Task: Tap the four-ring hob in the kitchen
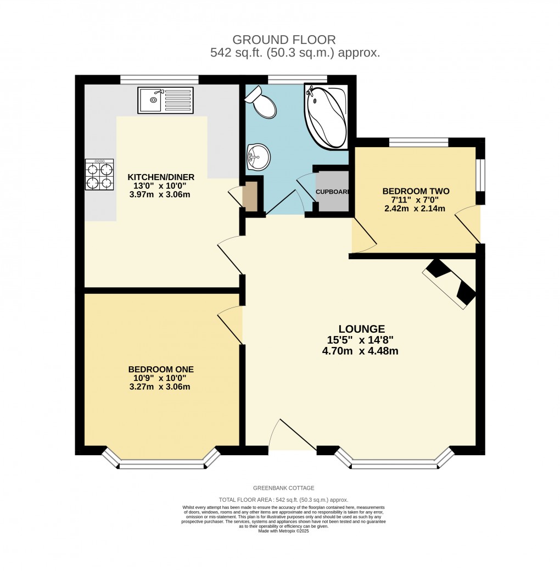coord(99,175)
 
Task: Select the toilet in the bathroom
coord(262,103)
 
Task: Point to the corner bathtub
coord(326,116)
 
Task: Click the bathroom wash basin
coord(259,156)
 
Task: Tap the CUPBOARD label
coord(333,192)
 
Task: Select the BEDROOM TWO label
coord(416,191)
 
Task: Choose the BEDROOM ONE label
coord(161,370)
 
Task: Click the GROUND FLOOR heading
coord(284,40)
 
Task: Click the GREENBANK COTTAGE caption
coord(283,488)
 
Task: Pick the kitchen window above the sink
coord(159,80)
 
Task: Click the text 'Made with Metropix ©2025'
coord(283,531)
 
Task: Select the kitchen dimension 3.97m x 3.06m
coord(159,194)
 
